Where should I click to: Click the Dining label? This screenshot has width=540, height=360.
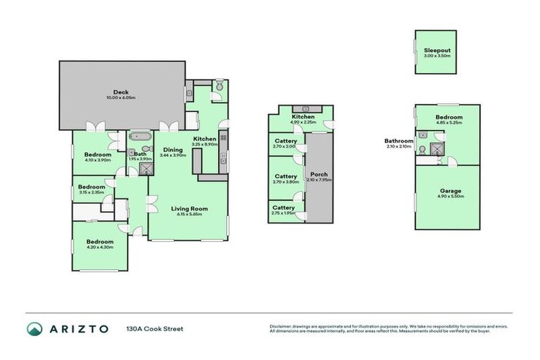coord(173,149)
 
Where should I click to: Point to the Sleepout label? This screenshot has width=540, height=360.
coord(435,50)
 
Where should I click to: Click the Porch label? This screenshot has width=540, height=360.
coord(319,174)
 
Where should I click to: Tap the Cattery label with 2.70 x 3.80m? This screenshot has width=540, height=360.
coord(285,176)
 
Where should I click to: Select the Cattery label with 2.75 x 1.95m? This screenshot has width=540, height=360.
coord(283,207)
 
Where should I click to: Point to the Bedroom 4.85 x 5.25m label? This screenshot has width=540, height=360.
coord(449,117)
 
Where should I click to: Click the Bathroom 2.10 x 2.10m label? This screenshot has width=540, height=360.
coord(398,140)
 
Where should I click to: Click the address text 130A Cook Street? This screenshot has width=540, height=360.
coord(155,328)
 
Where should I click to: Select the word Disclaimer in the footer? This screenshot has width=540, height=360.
coord(281,326)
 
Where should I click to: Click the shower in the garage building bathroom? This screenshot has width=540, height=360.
coord(437,148)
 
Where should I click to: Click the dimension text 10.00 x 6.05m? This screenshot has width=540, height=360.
coord(120,97)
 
